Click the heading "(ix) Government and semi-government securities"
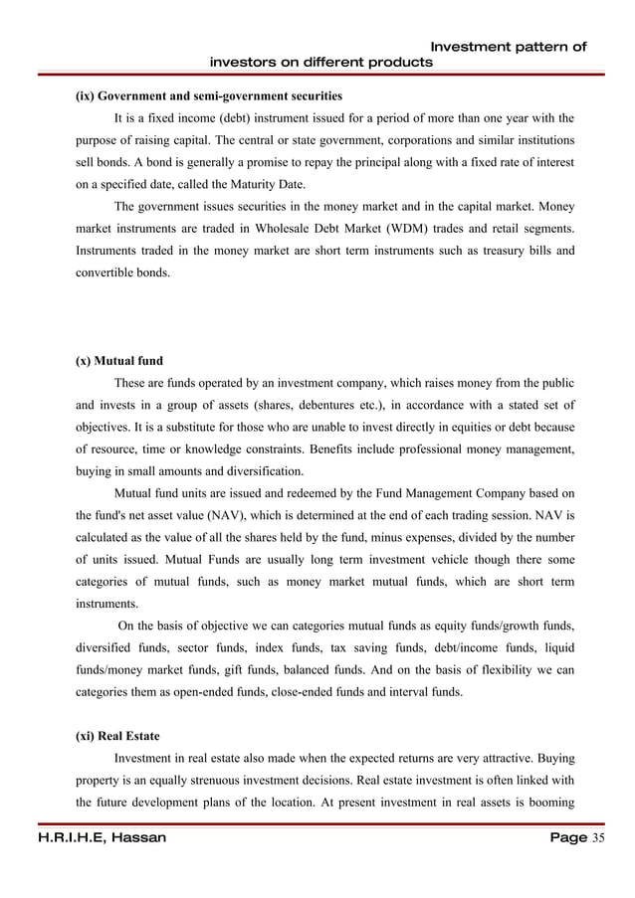[x=209, y=96]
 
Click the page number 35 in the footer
[x=598, y=838]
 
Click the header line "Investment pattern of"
[x=508, y=46]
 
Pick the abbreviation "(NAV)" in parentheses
[x=235, y=516]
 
